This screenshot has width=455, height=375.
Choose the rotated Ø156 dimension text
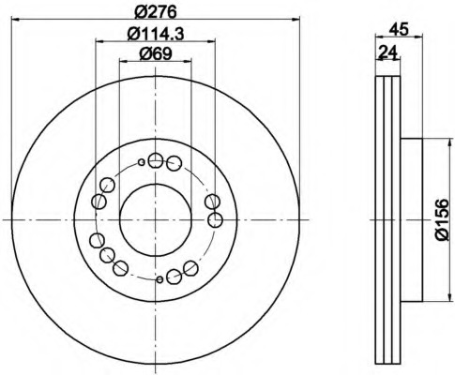(444, 220)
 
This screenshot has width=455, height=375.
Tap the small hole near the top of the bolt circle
(142, 162)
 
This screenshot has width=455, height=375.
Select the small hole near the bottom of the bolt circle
(160, 278)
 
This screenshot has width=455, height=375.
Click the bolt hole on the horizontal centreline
(215, 220)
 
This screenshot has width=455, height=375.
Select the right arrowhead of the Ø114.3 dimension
(211, 42)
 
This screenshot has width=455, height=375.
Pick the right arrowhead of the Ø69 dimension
(186, 63)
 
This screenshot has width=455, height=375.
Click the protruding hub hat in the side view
(413, 219)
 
